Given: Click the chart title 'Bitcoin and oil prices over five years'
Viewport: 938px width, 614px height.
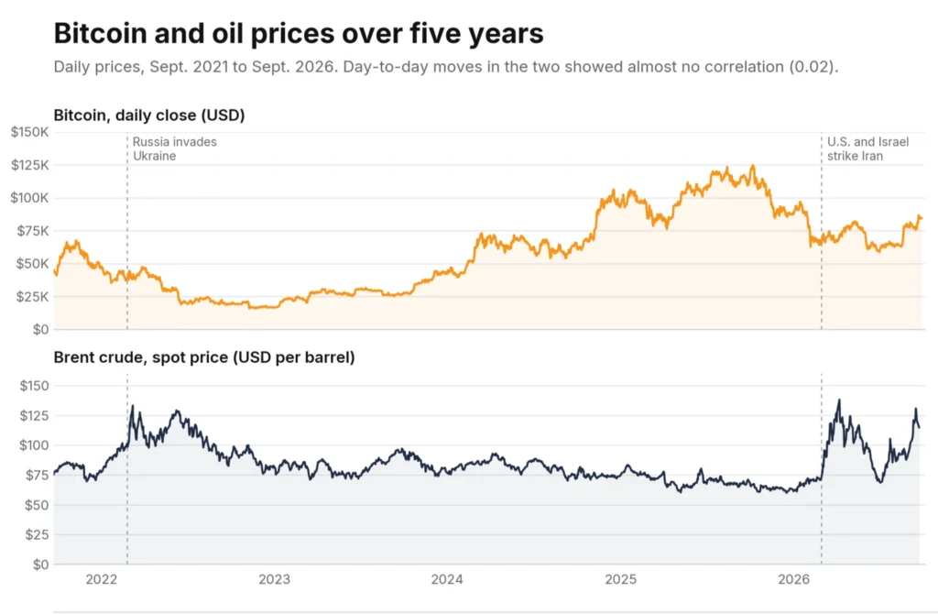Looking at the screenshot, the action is point(299,34).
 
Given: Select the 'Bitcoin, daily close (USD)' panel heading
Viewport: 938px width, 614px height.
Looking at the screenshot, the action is point(149,115).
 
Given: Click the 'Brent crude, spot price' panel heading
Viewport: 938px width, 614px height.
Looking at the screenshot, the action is point(204,357).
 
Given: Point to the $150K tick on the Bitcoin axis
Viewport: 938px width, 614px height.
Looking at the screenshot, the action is point(30,132).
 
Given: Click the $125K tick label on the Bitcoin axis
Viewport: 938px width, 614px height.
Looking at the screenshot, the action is point(30,165).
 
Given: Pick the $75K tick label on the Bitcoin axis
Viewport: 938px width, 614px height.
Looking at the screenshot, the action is point(33,230).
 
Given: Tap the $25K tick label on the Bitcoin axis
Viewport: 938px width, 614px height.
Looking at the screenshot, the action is point(33,296).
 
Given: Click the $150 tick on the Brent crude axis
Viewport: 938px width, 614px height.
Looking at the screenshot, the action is point(34,386).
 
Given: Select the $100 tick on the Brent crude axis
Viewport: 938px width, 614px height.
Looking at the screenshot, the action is point(34,445).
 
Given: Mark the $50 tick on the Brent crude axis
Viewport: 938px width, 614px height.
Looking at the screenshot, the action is point(37,505).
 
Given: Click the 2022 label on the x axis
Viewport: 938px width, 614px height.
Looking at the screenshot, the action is point(102,579).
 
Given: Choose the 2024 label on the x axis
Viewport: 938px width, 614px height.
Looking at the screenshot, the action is point(447,579).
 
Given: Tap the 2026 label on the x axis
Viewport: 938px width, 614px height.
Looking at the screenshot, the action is point(793,579).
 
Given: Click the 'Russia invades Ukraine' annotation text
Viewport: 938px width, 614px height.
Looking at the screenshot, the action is point(175,149).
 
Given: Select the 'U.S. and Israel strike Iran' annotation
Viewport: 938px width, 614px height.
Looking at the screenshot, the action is point(868,149).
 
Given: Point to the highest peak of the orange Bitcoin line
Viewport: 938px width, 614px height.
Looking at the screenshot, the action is point(753,166).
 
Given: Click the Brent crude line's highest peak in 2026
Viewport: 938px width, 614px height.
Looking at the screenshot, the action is point(839,400).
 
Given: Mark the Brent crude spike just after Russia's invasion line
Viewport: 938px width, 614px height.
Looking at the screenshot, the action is point(132,406).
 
